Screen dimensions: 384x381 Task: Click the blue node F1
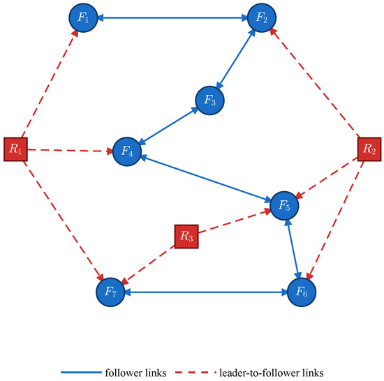[83, 17]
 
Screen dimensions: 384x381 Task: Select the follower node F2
[262, 17]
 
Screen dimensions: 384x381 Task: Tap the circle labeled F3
[209, 100]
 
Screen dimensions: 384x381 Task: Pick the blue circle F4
[127, 151]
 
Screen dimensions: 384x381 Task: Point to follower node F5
[284, 206]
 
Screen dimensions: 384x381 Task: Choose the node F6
[302, 292]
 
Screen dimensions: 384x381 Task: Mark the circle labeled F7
[110, 292]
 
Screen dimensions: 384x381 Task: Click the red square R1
[15, 149]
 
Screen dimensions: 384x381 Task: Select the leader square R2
[369, 149]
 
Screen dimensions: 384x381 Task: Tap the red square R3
[186, 237]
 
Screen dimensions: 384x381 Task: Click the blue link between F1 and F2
[172, 17]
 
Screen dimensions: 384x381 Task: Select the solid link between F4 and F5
[206, 179]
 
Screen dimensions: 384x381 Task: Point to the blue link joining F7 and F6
[206, 292]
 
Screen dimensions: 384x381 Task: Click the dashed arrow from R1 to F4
[70, 151]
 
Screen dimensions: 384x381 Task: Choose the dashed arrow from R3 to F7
[148, 265]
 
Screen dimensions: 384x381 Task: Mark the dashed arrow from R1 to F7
[64, 221]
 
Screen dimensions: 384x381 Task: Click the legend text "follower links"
[135, 373]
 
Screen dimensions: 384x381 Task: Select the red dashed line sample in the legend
[195, 373]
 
